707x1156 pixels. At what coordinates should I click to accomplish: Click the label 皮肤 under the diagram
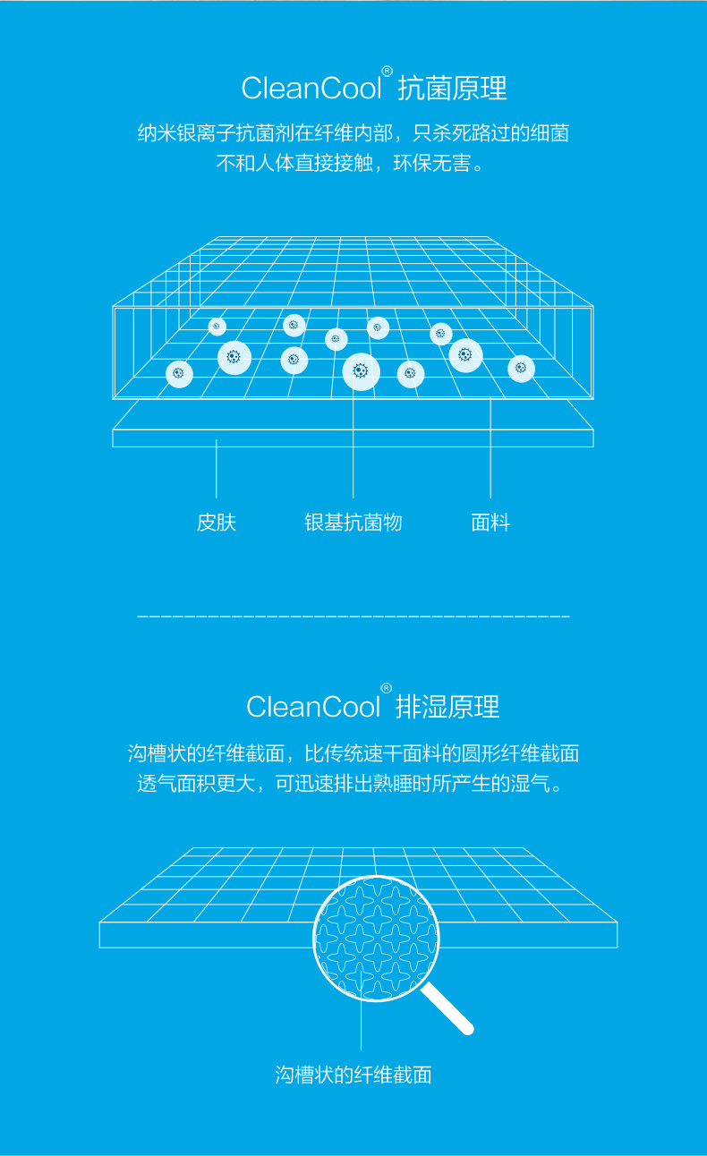[217, 523]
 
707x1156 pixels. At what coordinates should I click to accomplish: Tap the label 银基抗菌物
[353, 523]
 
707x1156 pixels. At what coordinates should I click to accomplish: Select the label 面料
[490, 523]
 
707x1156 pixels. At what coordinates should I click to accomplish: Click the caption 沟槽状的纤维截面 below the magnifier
[353, 1075]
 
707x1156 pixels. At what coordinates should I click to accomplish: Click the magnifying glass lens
[376, 939]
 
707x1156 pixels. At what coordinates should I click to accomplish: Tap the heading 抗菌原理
[452, 88]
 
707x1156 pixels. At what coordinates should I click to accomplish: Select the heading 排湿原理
[447, 707]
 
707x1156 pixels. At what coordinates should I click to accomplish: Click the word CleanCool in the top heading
[311, 88]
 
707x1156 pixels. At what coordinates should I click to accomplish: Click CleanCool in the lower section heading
[313, 707]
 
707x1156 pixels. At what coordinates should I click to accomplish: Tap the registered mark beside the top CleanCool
[387, 71]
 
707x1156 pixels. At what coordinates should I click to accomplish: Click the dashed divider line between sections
[353, 616]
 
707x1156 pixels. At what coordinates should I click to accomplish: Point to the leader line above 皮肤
[217, 469]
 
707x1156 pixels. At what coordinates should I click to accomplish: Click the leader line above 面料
[490, 447]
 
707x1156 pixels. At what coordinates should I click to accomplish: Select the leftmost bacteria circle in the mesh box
[179, 374]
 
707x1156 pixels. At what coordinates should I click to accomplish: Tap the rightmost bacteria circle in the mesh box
[521, 369]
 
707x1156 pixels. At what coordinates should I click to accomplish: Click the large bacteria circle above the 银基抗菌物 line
[362, 371]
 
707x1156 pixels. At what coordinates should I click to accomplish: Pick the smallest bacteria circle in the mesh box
[217, 327]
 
